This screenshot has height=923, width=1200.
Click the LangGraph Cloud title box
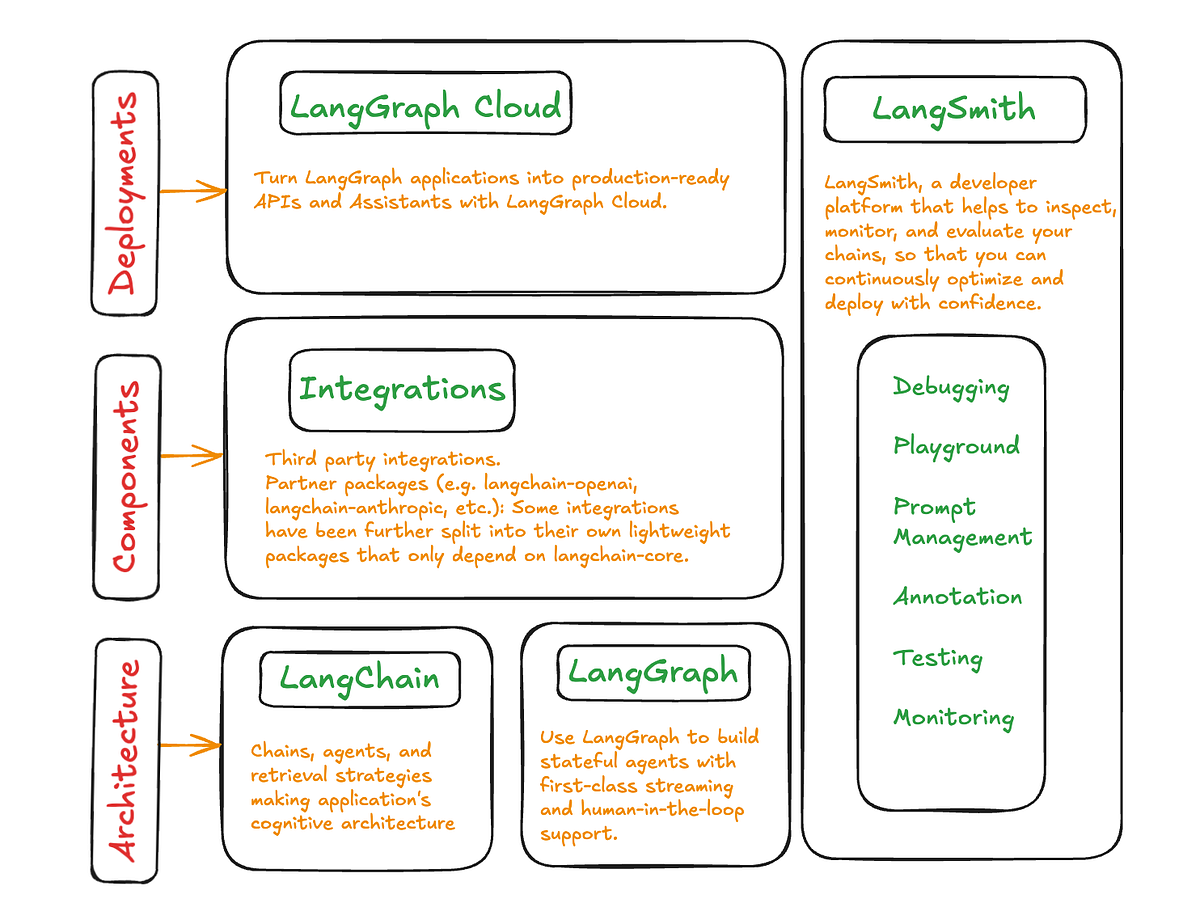(425, 104)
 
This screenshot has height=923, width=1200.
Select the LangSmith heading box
(954, 109)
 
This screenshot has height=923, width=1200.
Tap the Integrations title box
(402, 389)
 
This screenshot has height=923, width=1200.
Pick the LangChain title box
(359, 678)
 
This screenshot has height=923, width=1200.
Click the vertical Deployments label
(124, 193)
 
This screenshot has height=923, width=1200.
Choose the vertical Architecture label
(125, 760)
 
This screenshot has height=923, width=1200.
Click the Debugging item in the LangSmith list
(951, 388)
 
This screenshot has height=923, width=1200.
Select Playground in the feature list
(956, 447)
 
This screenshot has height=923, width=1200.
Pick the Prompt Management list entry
(962, 522)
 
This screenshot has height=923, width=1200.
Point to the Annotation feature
(957, 597)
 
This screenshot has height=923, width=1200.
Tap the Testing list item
(937, 658)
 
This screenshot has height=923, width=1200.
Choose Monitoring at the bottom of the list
(953, 717)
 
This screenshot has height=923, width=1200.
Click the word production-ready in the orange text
(650, 179)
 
